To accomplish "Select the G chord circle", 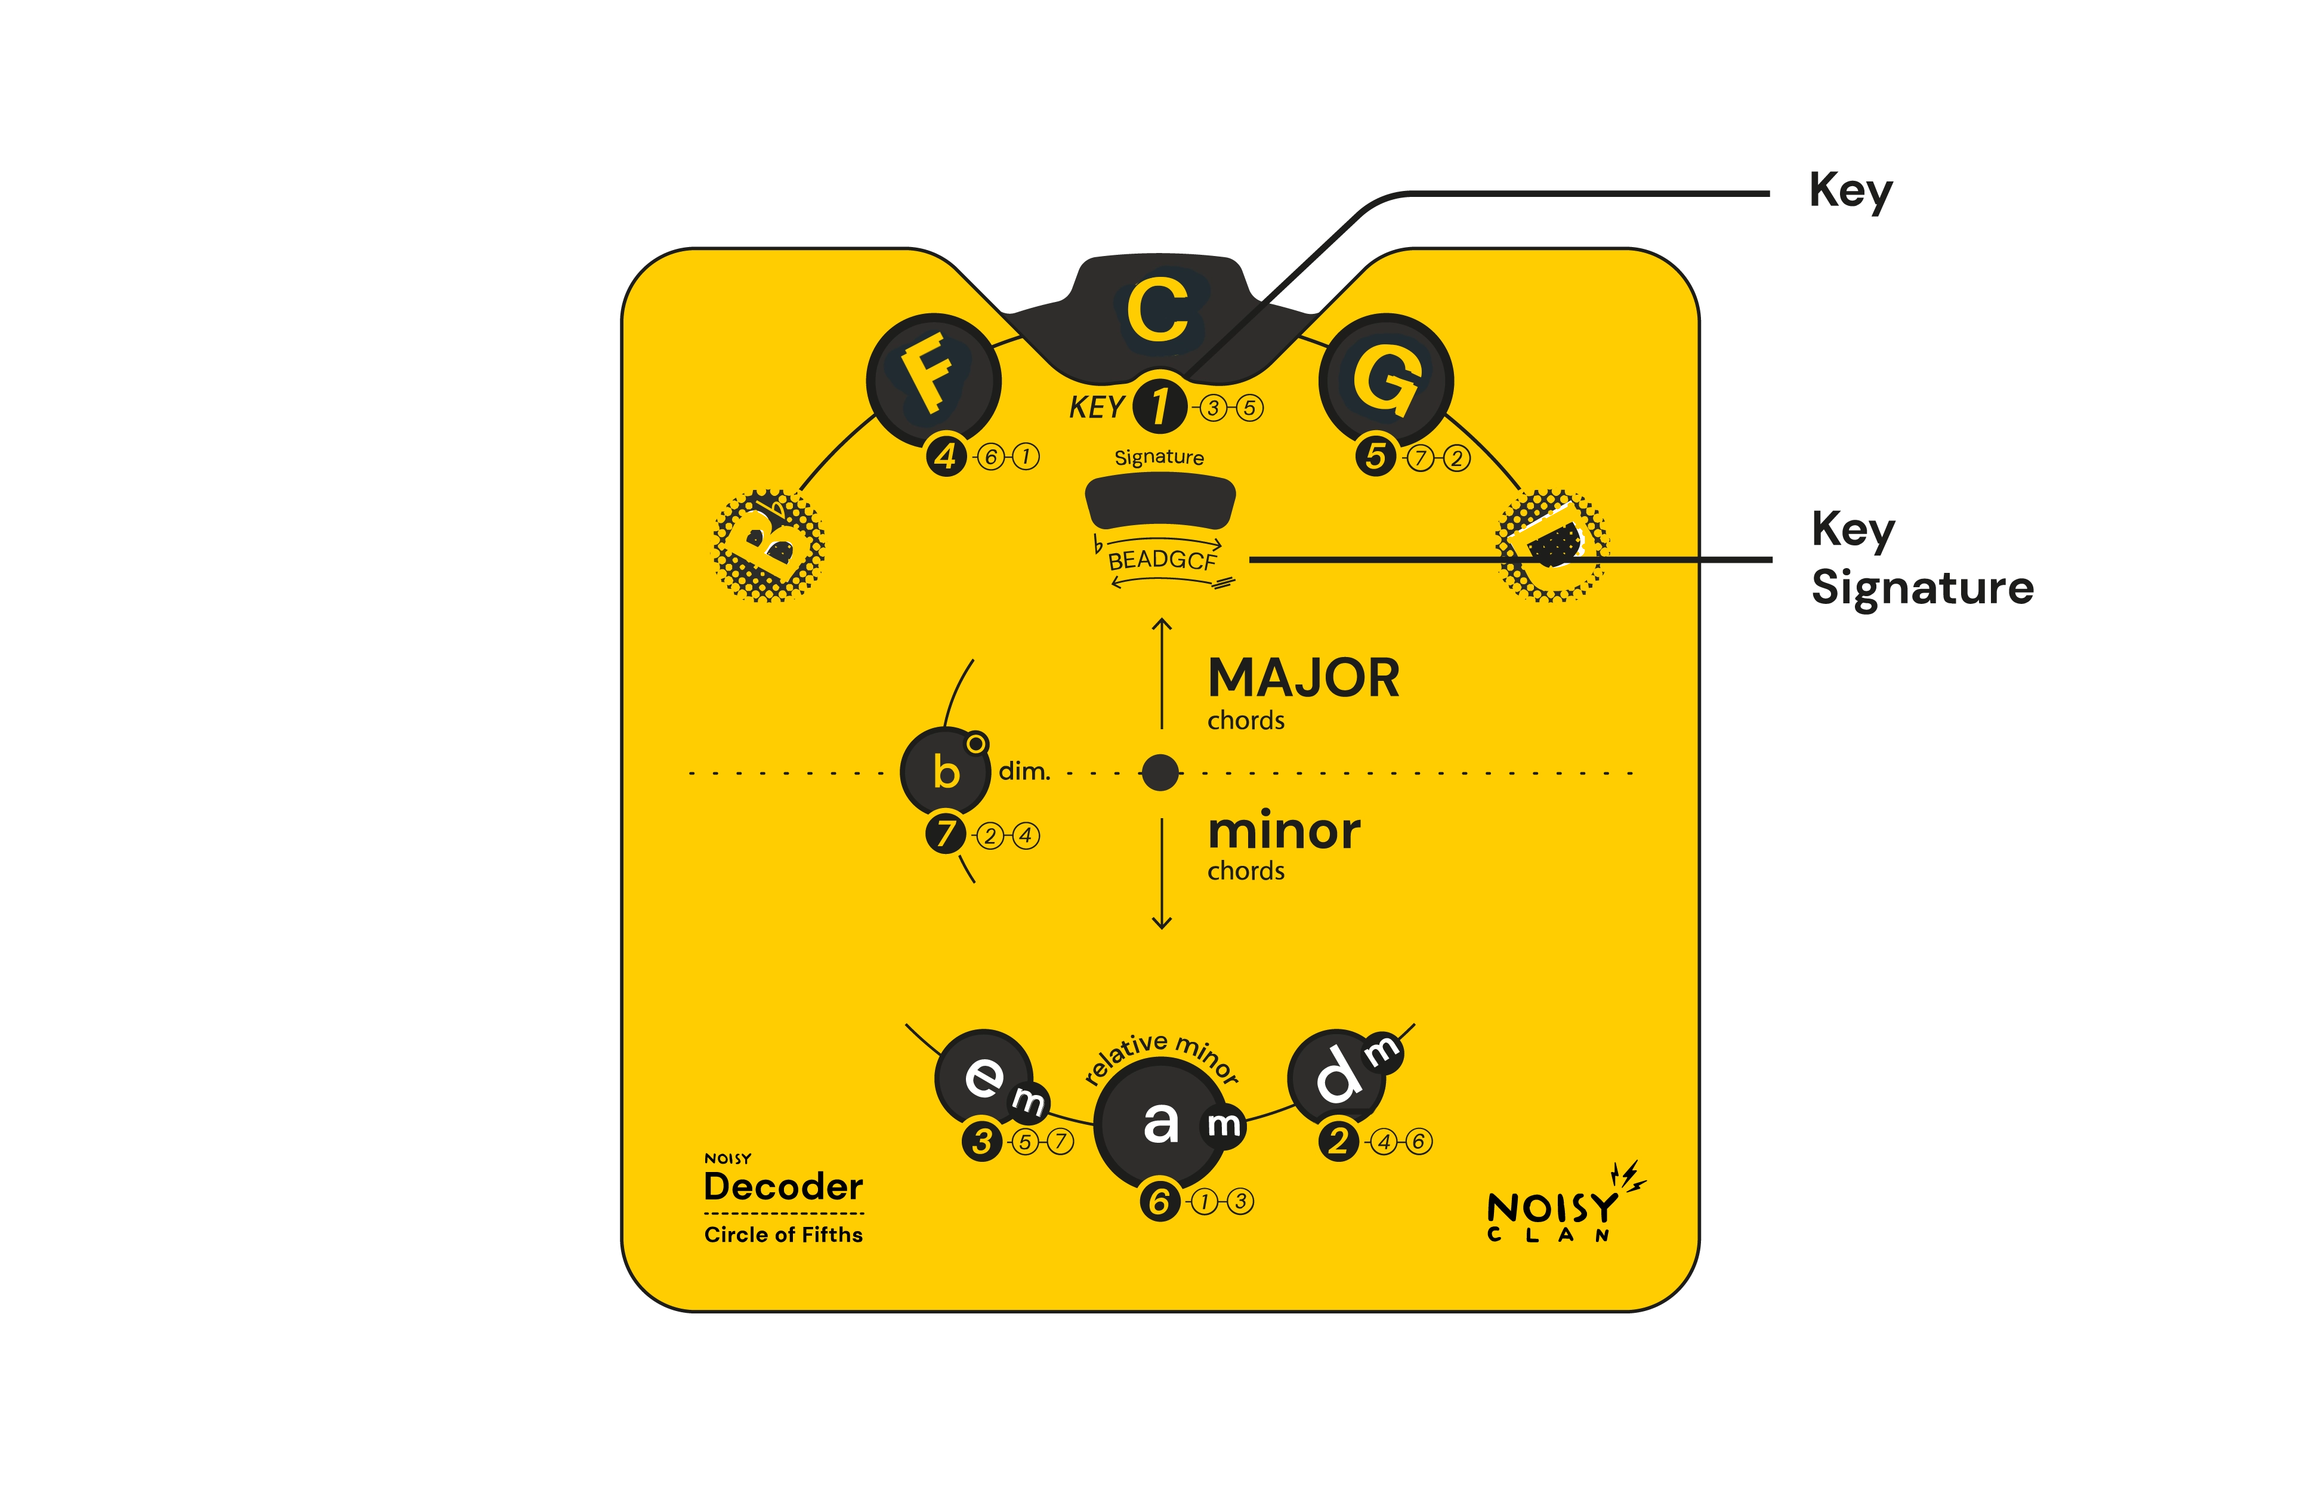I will click(1386, 380).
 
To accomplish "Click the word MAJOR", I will click(1303, 678).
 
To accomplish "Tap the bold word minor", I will click(1283, 831).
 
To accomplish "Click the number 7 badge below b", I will click(946, 834).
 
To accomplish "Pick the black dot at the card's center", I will click(1160, 772).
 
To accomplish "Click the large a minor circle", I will click(1161, 1122).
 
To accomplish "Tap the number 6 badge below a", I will click(1160, 1202).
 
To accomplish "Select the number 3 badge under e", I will click(983, 1142).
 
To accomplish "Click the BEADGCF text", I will click(1162, 560).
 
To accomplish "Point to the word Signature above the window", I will click(1159, 458).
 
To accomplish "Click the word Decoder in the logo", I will click(784, 1186).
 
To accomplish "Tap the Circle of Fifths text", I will click(784, 1235).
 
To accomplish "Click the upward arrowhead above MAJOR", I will click(1162, 625).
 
